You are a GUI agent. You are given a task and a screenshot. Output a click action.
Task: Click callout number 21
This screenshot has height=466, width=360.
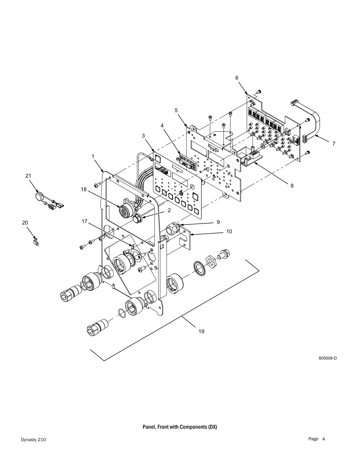pos(28,176)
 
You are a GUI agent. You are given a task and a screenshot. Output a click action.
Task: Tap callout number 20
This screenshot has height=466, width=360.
pos(25,223)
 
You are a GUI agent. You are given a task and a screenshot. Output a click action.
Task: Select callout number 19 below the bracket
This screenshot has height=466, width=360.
pos(201,331)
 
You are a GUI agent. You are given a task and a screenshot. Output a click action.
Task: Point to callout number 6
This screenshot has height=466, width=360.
pos(237,78)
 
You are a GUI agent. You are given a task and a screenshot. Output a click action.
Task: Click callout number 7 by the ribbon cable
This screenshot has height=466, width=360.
pos(334,144)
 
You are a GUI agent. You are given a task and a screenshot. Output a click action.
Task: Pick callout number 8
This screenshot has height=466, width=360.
pos(292,186)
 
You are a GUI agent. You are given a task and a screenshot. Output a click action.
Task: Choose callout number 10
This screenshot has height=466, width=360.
pos(229,231)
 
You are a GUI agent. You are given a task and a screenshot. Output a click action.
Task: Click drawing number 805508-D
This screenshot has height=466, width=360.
pos(328,358)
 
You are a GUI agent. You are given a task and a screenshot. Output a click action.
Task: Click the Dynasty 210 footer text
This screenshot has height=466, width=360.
pos(33,440)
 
